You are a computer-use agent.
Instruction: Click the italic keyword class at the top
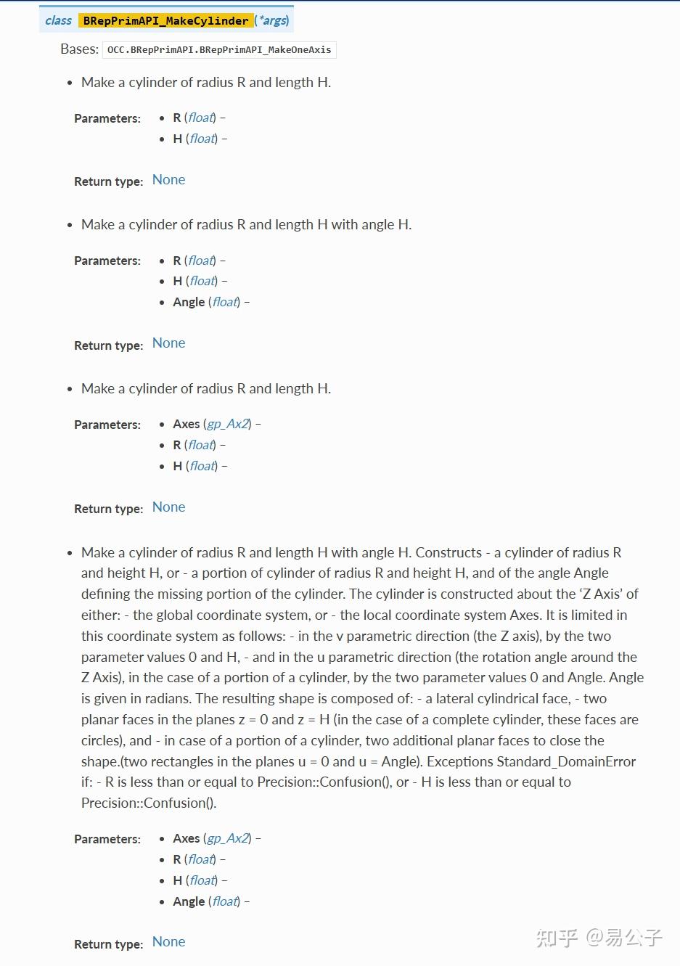[58, 20]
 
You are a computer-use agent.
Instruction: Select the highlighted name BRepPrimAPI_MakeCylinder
[165, 20]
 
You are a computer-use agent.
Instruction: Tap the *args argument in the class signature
[274, 20]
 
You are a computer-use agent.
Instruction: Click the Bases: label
[80, 49]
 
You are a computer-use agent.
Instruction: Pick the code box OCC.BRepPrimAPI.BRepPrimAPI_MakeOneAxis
[219, 50]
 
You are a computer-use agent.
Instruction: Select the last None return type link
[169, 942]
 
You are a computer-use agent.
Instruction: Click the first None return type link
[169, 180]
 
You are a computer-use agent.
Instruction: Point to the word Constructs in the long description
[448, 552]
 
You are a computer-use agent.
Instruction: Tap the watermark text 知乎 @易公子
[599, 938]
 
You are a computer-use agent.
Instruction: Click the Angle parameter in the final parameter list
[189, 901]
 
